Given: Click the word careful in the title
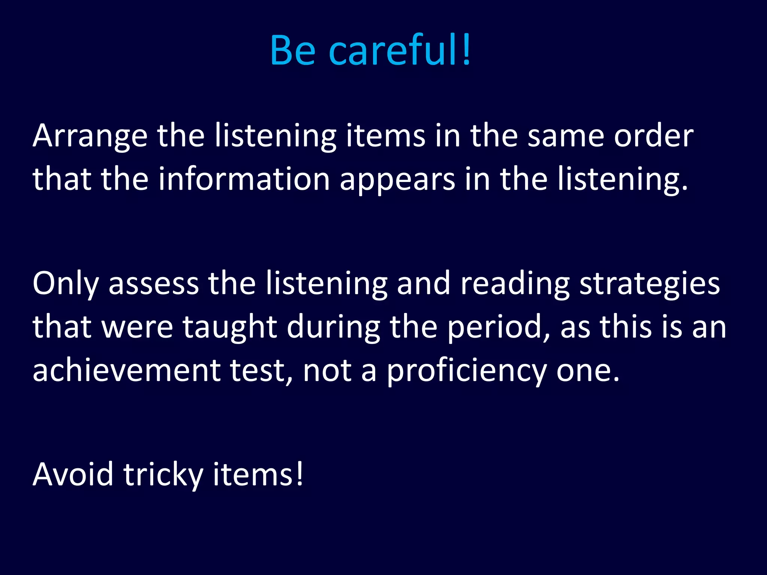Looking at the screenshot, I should point(399,50).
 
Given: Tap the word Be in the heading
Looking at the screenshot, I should point(292,50).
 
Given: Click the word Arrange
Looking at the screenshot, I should point(90,136).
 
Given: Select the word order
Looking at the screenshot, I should point(654,136).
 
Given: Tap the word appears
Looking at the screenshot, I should point(397,179).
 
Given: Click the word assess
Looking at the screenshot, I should point(154,284).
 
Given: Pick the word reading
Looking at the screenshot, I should point(515,284).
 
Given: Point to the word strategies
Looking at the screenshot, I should point(650,284).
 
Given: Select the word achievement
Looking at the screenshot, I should point(127,371).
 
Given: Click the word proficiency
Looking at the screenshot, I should point(466,371).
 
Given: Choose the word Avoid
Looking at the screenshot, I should point(73,475).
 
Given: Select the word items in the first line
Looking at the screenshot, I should point(385,136).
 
